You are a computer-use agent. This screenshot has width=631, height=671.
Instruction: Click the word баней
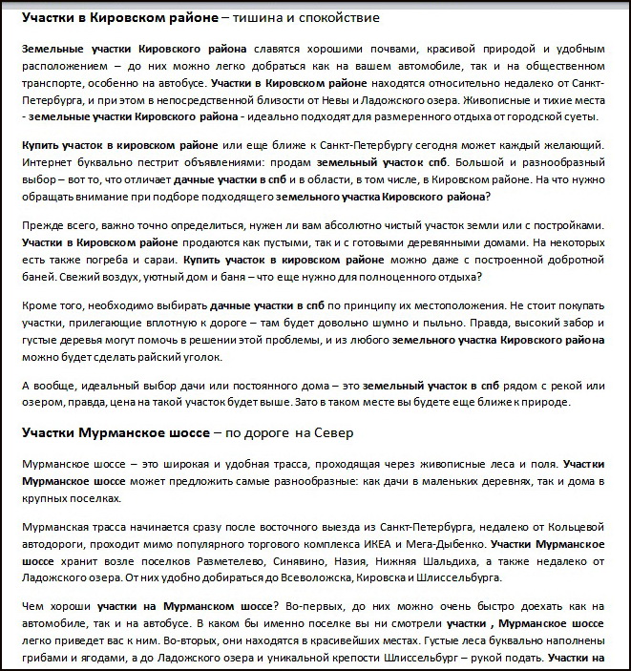pyautogui.click(x=40, y=277)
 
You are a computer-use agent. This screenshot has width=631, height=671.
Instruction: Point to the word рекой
pyautogui.click(x=568, y=385)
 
